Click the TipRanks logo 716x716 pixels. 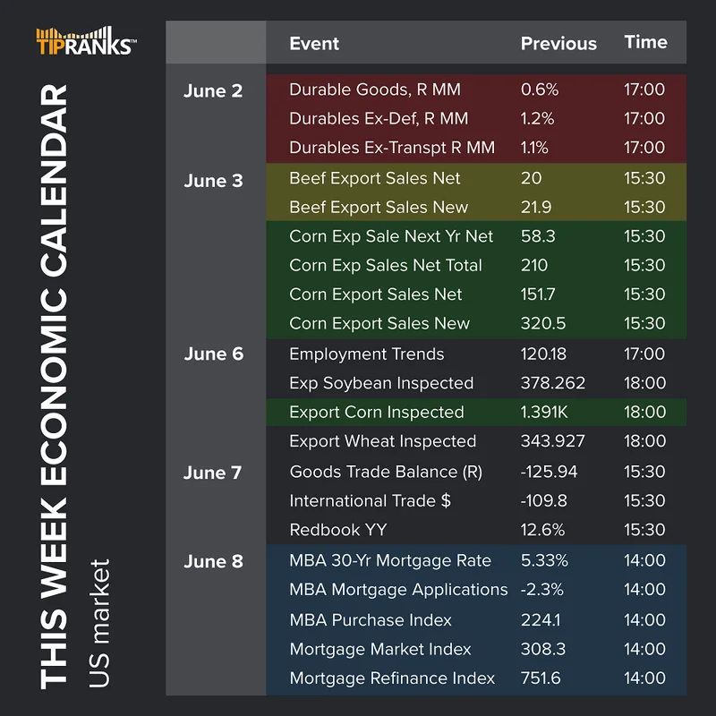(x=87, y=42)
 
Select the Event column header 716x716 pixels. (x=314, y=43)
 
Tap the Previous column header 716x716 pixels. (x=558, y=43)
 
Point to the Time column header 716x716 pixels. (x=645, y=42)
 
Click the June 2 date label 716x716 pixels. (x=213, y=90)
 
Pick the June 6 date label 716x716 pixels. (x=213, y=354)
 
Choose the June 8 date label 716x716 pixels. (x=213, y=561)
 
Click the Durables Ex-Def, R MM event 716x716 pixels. (x=379, y=118)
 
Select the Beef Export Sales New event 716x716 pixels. (x=379, y=207)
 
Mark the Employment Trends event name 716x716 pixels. (x=366, y=354)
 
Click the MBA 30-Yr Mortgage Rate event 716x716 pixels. (x=390, y=561)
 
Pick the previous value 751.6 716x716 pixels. (x=541, y=678)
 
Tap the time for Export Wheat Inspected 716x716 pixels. (x=644, y=440)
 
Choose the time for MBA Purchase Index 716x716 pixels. (x=644, y=619)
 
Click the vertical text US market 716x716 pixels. (x=99, y=623)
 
